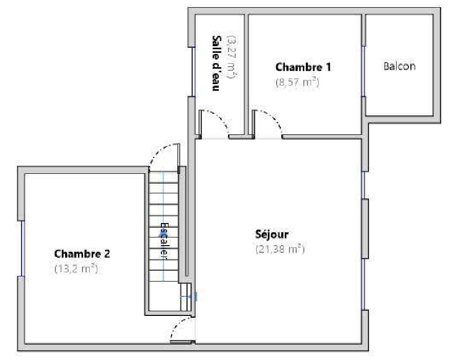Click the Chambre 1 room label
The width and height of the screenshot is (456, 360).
pos(303,67)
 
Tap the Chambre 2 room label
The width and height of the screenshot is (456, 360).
pos(82,253)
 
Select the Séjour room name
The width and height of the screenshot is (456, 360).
pos(272,234)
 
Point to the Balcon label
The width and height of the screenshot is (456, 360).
pos(399,66)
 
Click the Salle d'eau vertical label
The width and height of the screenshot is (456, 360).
pos(216,64)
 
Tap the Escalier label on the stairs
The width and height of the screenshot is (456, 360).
pos(164,241)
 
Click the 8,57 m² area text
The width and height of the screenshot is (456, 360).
pos(297,83)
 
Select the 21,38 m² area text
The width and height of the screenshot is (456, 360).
pos(280,249)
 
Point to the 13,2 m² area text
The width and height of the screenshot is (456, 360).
pos(76,268)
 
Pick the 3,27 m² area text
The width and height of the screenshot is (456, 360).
pos(233,57)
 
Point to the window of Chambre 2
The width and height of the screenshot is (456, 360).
pos(23,248)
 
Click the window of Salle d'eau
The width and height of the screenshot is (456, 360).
pos(193,72)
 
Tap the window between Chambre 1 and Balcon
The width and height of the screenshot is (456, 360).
pos(364,71)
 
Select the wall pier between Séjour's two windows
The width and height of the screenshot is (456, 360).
pos(365,229)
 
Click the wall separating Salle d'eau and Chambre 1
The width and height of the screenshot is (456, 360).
pos(246,74)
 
